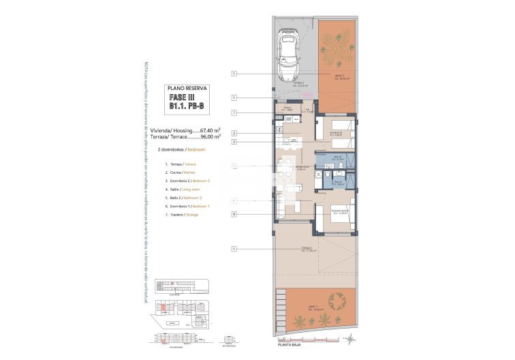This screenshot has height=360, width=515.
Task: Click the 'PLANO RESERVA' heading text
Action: point(187,89)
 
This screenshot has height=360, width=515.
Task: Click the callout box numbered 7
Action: point(234,112)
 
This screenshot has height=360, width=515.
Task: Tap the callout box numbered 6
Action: point(234,214)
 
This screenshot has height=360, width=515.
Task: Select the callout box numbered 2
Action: point(234,133)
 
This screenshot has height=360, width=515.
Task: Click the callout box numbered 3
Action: point(234,142)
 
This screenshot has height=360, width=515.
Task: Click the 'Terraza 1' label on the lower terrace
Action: point(307,249)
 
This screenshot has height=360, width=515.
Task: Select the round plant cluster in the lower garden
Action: point(335,299)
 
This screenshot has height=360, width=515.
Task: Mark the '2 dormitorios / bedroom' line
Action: point(181,148)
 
